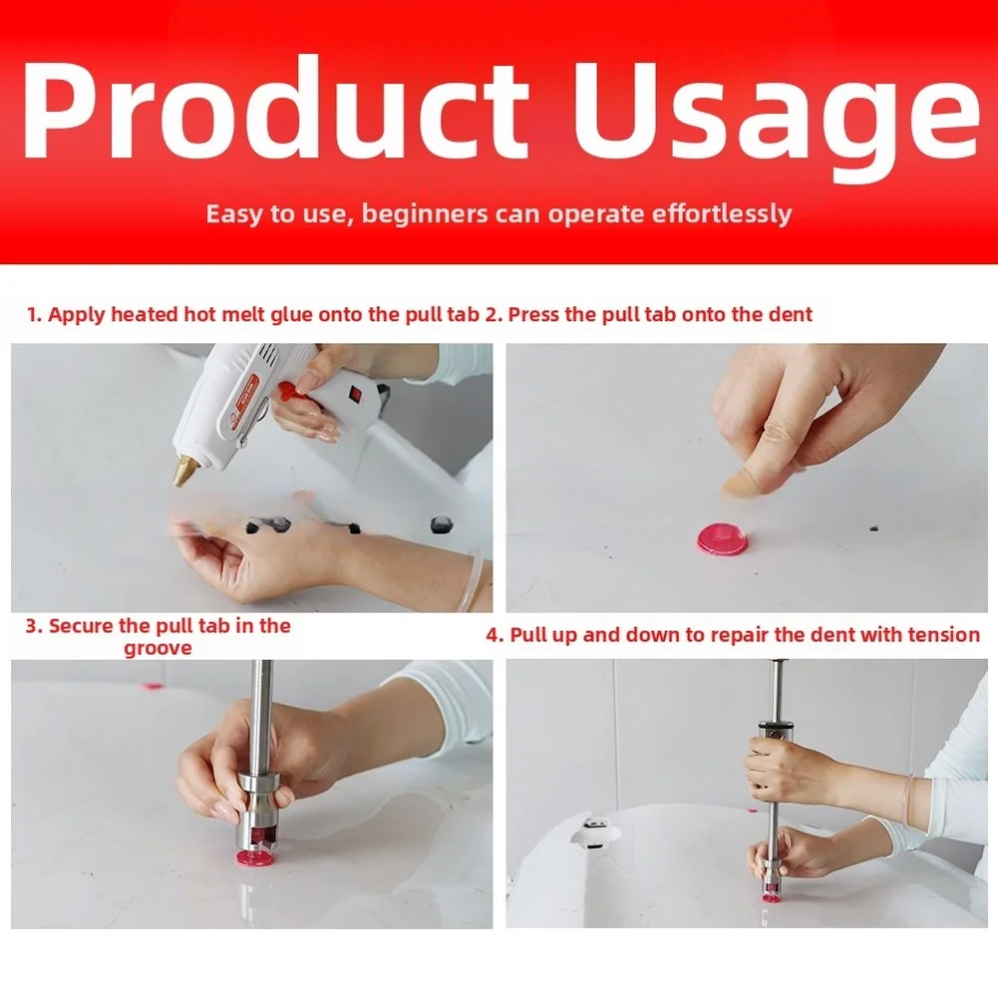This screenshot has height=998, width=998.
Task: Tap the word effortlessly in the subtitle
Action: pos(723,213)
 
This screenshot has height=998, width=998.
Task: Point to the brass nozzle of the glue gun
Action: pos(187,471)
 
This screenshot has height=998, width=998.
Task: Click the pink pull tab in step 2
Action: pos(724,540)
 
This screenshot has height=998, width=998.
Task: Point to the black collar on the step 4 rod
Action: pos(777,726)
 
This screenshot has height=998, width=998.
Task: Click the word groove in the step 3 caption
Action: pos(158,649)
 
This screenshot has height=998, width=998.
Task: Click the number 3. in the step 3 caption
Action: pos(34,626)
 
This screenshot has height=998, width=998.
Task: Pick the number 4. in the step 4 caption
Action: pos(496,635)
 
